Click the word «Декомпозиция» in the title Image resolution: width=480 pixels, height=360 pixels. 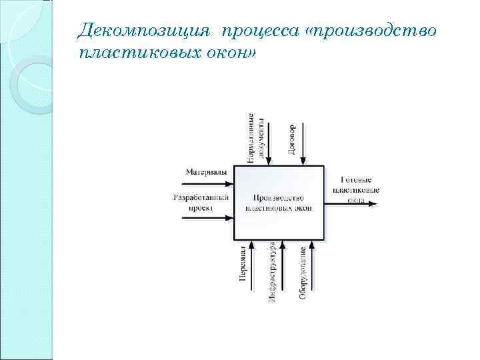pos(143,30)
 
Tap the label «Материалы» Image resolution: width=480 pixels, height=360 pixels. pos(205,171)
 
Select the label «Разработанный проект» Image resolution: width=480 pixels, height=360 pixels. pos(201,203)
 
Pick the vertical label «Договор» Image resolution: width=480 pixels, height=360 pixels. pos(292,139)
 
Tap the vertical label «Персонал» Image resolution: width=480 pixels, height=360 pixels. pos(244,264)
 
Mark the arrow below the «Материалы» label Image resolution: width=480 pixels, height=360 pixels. pos(208,181)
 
